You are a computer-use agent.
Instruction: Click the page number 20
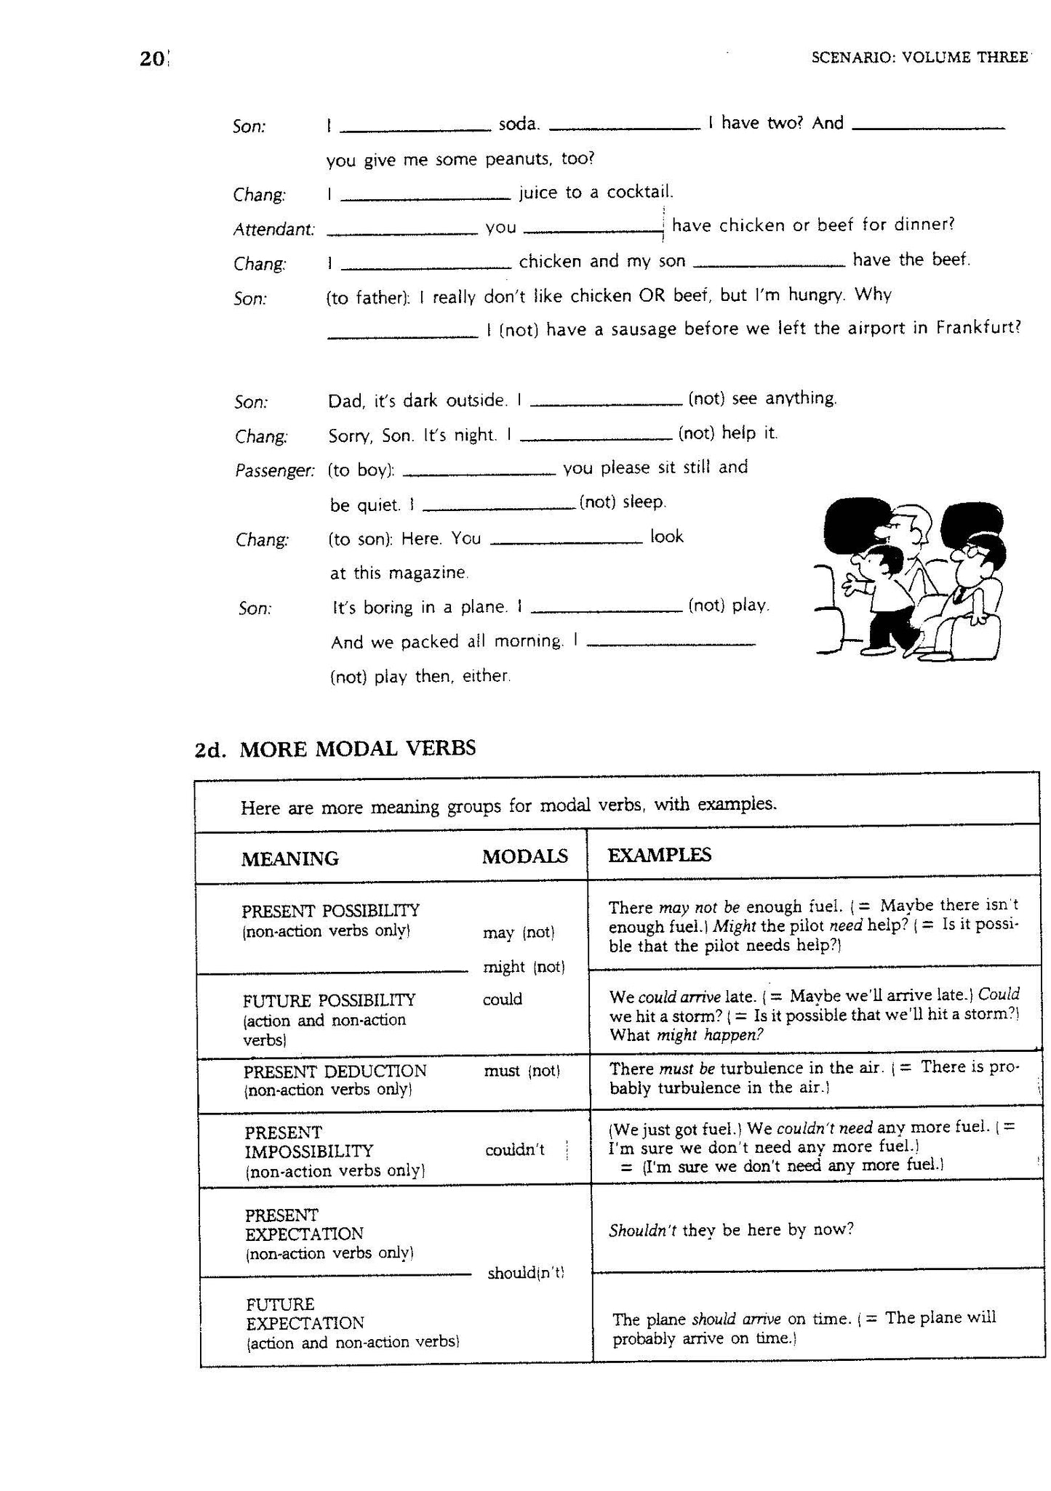pos(152,59)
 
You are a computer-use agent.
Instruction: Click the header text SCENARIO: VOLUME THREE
pos(919,57)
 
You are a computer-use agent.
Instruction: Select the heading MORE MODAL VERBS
pos(357,748)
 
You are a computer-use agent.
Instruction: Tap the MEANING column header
pos(289,859)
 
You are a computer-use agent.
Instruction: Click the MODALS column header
pos(524,856)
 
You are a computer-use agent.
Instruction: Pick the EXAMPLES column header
pos(659,855)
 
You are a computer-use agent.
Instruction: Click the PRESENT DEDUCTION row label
pos(335,1072)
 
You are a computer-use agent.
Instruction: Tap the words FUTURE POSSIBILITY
pos(329,1000)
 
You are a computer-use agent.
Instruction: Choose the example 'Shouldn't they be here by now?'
pos(730,1229)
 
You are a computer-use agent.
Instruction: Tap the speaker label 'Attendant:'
pos(273,230)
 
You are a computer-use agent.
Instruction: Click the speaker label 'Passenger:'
pos(274,471)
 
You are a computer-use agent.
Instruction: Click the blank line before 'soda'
pos(415,129)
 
